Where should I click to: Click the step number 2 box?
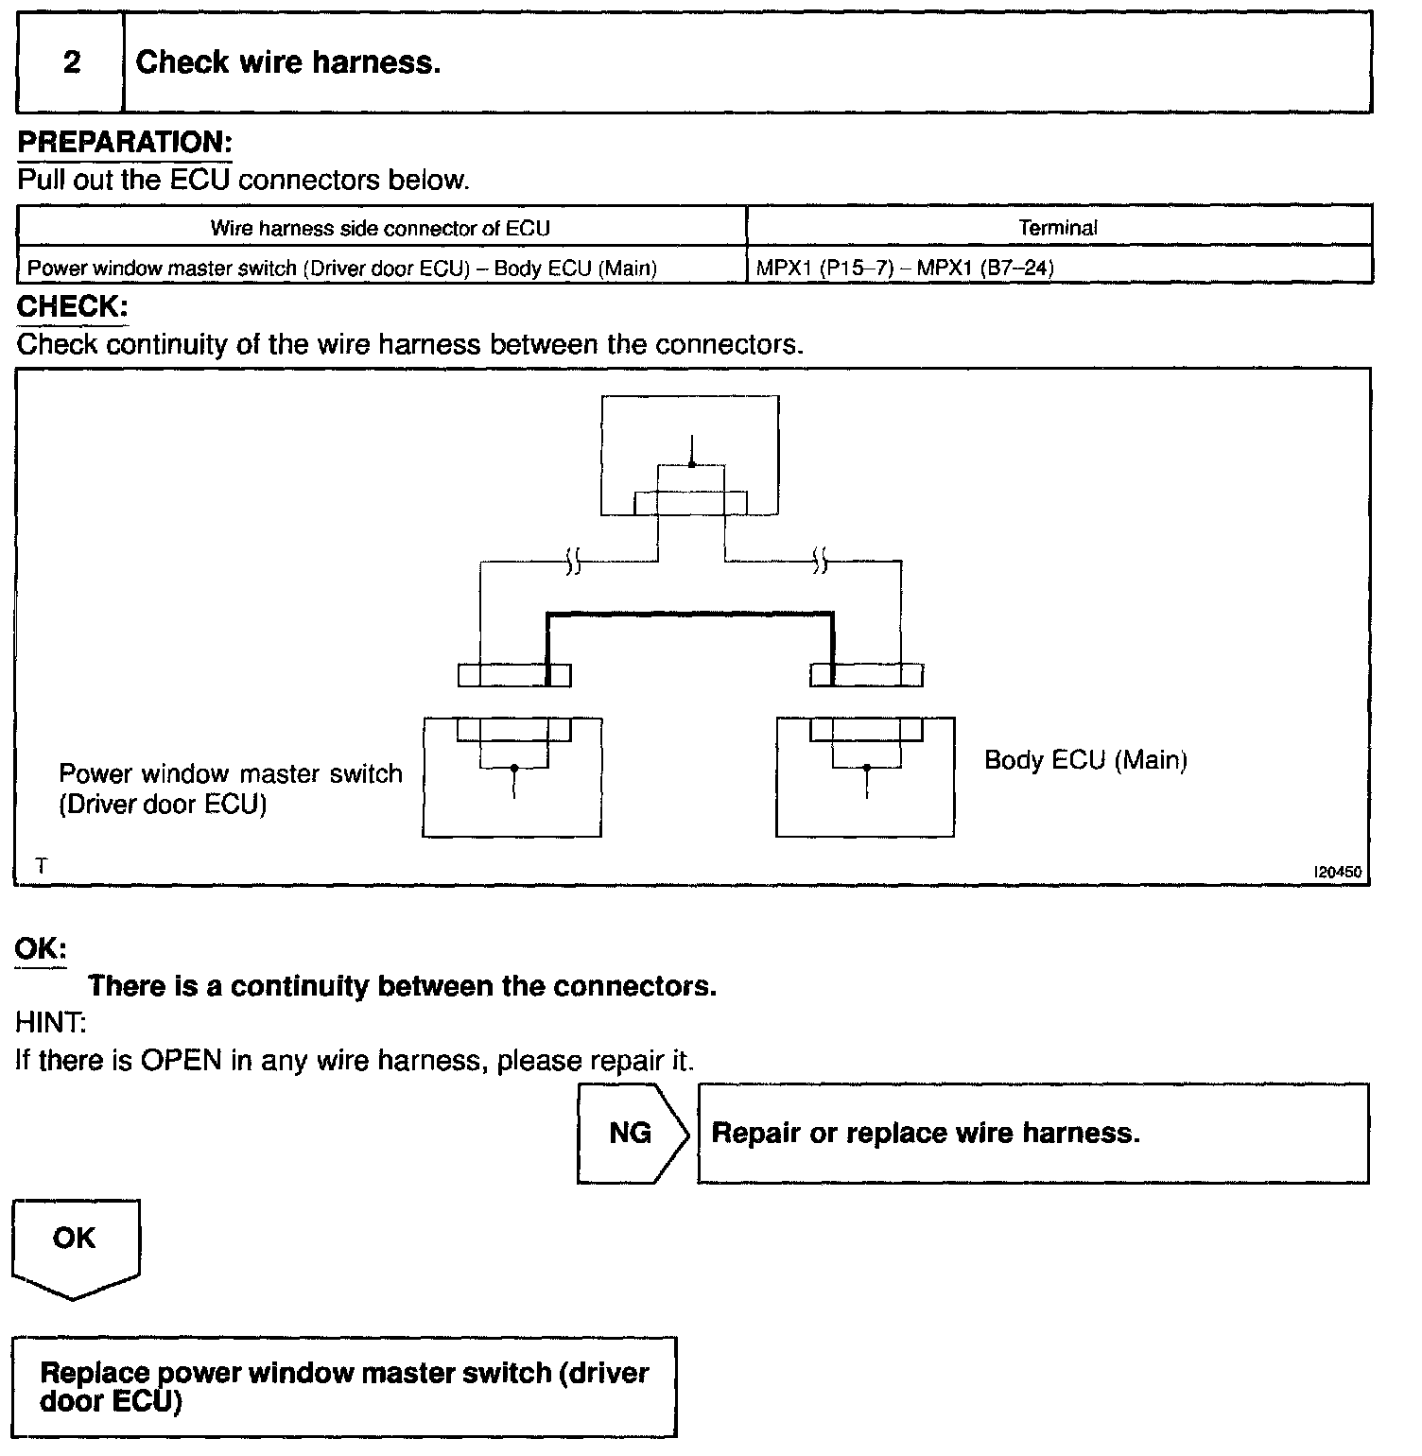71,62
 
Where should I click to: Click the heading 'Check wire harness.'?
288,62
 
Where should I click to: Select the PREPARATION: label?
124,143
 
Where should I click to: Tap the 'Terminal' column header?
1058,228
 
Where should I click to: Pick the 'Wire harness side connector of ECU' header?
380,228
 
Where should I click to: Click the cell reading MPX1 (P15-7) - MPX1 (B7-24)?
905,268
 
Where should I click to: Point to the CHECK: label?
72,307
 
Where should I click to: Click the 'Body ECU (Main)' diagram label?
1085,760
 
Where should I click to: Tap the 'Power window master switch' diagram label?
231,773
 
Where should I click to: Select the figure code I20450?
1337,872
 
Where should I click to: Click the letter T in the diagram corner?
41,865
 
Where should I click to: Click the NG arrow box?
632,1133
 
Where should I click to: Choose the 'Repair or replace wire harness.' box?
1032,1133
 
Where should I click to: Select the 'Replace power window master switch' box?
345,1386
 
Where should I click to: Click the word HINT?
50,1022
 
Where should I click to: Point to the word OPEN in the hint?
182,1060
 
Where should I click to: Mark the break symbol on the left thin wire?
572,563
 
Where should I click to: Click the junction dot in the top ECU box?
692,464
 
